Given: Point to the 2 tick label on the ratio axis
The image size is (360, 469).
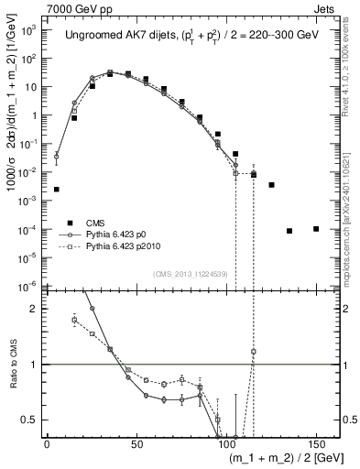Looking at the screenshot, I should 36,309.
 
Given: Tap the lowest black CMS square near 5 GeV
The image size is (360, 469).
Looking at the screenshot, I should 57,189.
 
